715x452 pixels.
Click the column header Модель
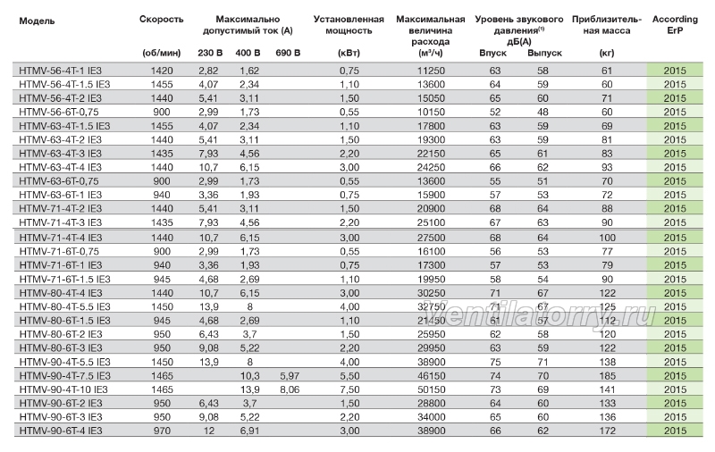[37, 21]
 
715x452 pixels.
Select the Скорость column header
[162, 19]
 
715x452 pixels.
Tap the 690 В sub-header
[288, 53]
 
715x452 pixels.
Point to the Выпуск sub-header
[544, 53]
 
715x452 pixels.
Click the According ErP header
[675, 25]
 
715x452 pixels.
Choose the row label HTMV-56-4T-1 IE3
[60, 71]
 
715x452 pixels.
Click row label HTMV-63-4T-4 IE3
[60, 167]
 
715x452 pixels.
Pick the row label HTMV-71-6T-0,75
[59, 252]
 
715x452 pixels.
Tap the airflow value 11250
[431, 71]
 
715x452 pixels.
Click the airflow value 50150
[431, 389]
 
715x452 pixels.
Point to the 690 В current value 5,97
[288, 376]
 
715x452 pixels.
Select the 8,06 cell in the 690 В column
[288, 389]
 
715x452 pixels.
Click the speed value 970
[162, 431]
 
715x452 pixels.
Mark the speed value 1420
[162, 71]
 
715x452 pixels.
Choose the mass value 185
[607, 376]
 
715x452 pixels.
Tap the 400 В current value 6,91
[249, 431]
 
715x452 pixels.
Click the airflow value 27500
[431, 238]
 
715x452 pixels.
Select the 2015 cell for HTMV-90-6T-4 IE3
[675, 431]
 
